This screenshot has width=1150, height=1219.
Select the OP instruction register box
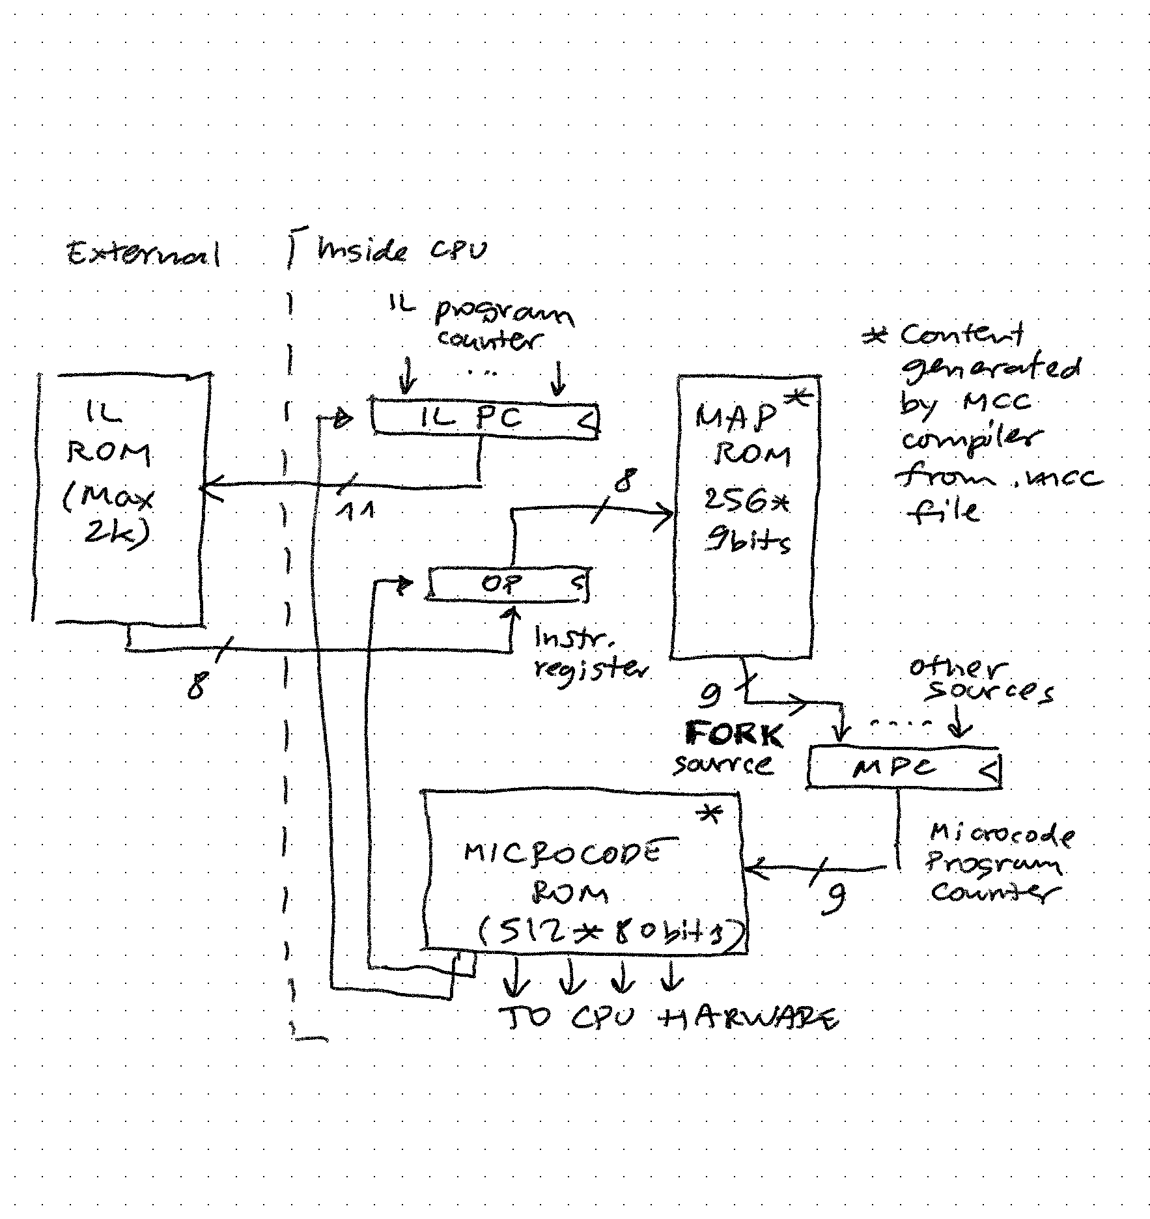508,584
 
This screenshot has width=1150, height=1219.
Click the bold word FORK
734,736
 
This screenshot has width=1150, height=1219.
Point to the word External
143,253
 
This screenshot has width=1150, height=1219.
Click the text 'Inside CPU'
401,251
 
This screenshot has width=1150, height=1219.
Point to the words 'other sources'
980,680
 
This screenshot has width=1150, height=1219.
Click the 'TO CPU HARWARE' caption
667,1018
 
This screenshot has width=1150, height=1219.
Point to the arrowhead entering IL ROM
210,486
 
